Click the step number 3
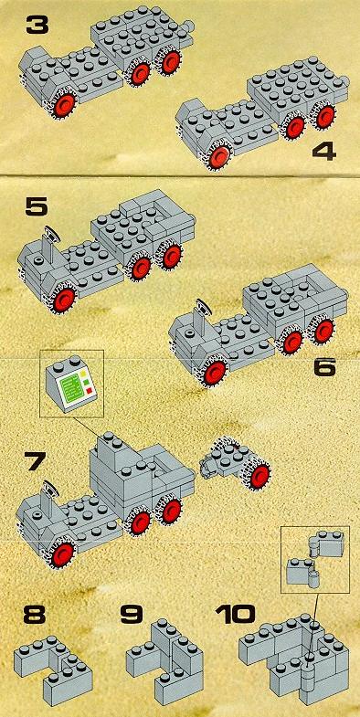37,26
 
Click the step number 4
324,151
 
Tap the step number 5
37,207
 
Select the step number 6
324,367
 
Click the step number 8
35,615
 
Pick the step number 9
132,615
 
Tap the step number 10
235,615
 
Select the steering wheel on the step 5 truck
52,234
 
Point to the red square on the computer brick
90,390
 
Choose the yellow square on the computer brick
83,374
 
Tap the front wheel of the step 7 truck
63,554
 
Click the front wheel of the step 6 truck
215,373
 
